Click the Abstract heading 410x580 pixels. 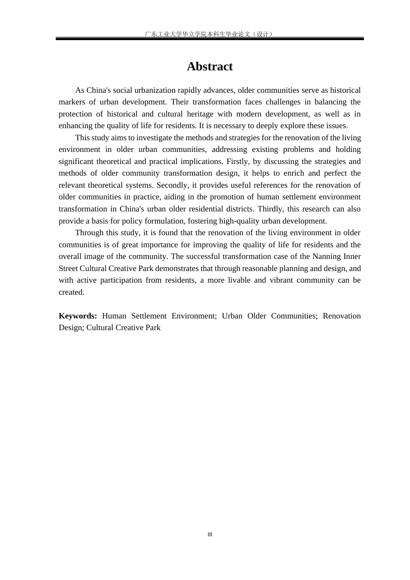210,66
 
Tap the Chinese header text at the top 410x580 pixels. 210,34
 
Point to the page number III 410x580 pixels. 210,535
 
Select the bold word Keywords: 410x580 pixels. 78,316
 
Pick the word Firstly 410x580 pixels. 237,161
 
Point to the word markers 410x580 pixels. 72,102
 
